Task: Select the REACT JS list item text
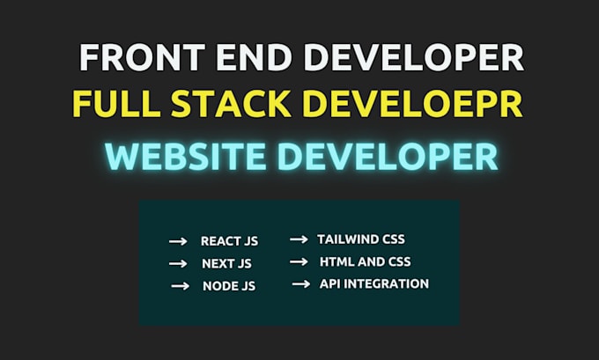coord(229,241)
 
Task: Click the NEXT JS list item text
coord(226,263)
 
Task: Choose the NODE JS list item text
coord(227,286)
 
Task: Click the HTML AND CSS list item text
coord(365,261)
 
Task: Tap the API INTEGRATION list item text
coord(374,283)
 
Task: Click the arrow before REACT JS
coord(178,241)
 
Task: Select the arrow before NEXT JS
coord(178,263)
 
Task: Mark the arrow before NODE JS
coord(180,286)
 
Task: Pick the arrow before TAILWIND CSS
coord(299,239)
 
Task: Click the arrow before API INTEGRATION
coord(301,283)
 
